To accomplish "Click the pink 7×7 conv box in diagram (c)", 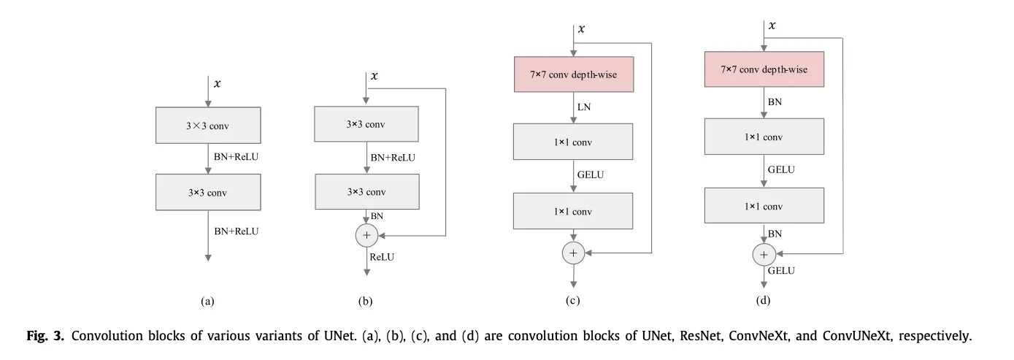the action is (574, 74).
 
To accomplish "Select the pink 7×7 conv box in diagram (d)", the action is (764, 69).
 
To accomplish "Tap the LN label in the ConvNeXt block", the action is (584, 107).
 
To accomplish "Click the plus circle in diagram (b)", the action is (366, 235).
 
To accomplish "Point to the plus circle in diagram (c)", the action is (574, 253).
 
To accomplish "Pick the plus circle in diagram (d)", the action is (764, 255).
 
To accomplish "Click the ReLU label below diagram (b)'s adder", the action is (382, 257).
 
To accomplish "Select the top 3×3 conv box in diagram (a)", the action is (208, 126).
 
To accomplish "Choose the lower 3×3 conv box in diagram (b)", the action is (367, 192).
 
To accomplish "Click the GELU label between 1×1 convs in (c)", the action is (591, 175).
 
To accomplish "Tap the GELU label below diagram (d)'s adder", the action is (781, 271).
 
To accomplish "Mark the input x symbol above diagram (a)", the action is (218, 84).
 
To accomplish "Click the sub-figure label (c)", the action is (572, 300).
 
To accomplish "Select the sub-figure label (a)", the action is (207, 301).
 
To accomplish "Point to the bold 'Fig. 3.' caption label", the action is (45, 336).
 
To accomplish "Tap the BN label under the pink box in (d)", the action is (775, 102).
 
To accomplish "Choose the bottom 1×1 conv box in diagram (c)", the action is (573, 211).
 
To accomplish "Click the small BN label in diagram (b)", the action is (377, 216).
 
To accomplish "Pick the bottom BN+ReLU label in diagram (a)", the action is (237, 231).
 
